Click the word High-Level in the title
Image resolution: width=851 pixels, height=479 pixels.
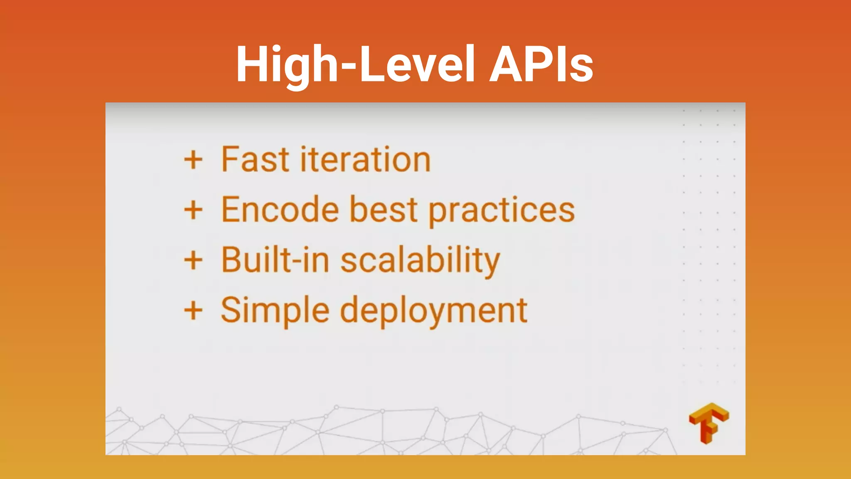click(x=355, y=64)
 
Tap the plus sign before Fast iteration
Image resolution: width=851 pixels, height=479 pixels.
click(x=193, y=160)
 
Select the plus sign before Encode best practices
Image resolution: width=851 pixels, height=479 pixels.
click(x=193, y=210)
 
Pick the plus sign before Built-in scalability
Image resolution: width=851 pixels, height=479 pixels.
click(x=193, y=261)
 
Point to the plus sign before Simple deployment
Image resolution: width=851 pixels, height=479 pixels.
click(x=193, y=311)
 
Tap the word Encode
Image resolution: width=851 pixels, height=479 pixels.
click(x=280, y=210)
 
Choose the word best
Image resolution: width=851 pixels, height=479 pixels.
click(x=383, y=210)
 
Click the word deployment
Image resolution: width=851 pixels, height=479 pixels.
click(x=434, y=312)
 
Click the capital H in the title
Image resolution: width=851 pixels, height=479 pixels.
click(x=253, y=64)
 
